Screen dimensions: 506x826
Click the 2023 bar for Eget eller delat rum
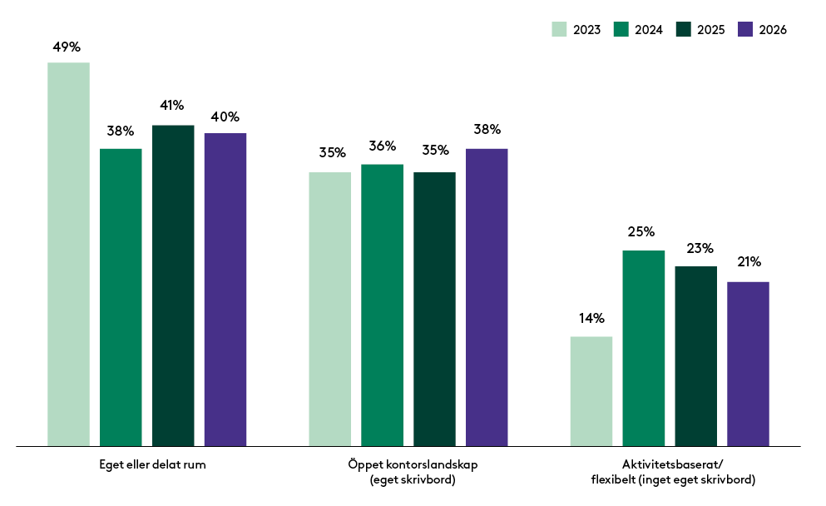click(68, 254)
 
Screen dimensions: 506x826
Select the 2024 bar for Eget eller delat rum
click(121, 297)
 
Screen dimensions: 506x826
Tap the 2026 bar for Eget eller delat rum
click(225, 289)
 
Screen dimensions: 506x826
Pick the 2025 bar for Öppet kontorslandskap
click(434, 309)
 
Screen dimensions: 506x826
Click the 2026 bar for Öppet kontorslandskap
click(487, 297)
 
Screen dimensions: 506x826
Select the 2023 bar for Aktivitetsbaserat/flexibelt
click(591, 391)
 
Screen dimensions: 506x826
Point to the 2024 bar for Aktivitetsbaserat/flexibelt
click(644, 348)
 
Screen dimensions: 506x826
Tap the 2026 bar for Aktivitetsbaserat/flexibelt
click(748, 364)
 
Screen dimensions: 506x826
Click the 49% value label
click(67, 47)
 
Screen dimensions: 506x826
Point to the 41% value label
click(172, 105)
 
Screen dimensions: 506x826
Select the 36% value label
click(382, 146)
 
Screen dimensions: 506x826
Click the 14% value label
click(591, 318)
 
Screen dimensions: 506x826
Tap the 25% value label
click(642, 231)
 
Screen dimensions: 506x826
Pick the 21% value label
click(749, 262)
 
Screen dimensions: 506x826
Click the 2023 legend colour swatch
click(558, 29)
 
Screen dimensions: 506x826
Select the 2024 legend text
click(649, 30)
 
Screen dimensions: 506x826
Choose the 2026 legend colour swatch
click(745, 29)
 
